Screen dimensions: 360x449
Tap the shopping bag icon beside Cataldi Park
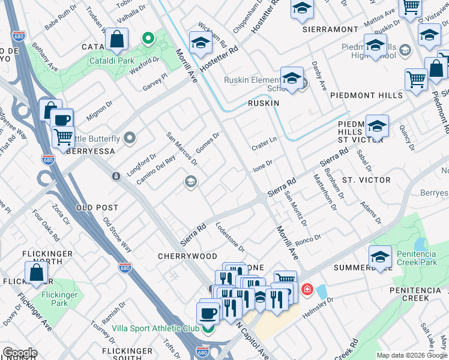116,40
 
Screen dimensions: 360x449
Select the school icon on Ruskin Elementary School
292,79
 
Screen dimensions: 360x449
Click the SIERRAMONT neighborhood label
330,29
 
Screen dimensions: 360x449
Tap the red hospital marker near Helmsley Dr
307,290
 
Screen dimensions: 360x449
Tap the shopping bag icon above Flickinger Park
36,272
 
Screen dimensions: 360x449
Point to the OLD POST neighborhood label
97,207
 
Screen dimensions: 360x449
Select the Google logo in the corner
20,353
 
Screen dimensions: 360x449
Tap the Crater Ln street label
264,140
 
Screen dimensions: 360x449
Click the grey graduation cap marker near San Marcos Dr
191,181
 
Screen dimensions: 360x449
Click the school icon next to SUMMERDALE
380,257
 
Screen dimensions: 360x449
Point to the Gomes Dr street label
208,143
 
